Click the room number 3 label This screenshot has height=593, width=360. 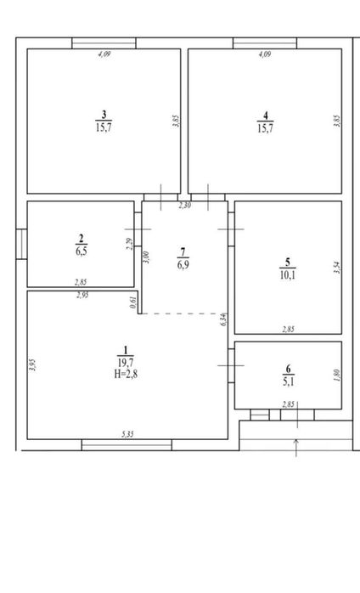[x=104, y=114]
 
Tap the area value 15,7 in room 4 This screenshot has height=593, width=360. [x=265, y=127]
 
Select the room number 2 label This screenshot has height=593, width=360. [x=81, y=238]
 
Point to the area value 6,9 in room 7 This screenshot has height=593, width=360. [x=183, y=265]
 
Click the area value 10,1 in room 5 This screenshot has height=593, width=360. [x=288, y=275]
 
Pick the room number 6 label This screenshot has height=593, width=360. [x=289, y=369]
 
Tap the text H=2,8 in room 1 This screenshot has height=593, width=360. [x=126, y=375]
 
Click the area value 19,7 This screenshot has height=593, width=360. [x=126, y=363]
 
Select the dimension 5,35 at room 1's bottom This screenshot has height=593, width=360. [x=127, y=434]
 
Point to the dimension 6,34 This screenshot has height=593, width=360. [x=223, y=319]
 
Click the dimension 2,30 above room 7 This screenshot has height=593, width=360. [x=184, y=206]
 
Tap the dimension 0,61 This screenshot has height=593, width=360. [x=132, y=302]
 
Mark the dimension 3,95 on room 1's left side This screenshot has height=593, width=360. [x=33, y=365]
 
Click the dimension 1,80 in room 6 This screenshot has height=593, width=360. [x=338, y=376]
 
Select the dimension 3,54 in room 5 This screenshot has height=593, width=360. [x=338, y=268]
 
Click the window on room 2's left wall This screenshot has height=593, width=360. [x=21, y=245]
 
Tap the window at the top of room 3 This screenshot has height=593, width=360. [x=104, y=43]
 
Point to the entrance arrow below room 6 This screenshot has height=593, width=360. [x=296, y=448]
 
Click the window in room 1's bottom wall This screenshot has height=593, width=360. [x=127, y=445]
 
